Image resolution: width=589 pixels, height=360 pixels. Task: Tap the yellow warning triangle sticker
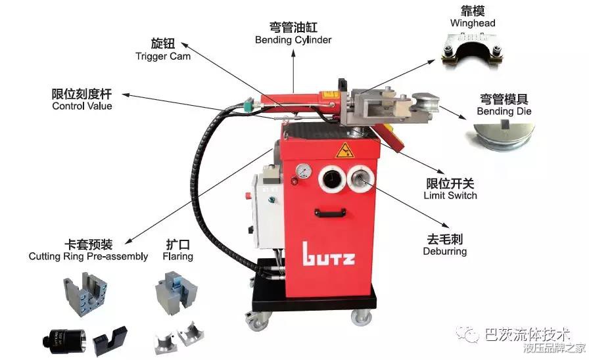(344, 150)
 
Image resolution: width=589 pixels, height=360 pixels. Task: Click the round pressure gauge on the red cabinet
(303, 171)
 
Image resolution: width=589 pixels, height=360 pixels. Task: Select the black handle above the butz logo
(330, 213)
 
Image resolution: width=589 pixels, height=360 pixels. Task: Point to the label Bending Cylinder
(293, 40)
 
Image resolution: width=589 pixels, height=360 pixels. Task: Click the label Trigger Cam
(163, 56)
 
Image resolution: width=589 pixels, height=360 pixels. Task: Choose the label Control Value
(82, 106)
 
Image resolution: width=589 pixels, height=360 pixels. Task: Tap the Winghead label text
(473, 23)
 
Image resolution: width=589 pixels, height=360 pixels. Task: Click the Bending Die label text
(504, 111)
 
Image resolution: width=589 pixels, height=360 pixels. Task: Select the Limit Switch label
(450, 195)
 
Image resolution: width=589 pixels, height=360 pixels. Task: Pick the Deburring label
(445, 251)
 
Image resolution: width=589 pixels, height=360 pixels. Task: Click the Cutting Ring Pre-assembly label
(88, 256)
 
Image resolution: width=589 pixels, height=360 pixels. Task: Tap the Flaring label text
(177, 256)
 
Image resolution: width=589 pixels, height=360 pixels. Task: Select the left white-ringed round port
(332, 178)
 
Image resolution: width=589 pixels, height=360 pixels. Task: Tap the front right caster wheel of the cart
(361, 317)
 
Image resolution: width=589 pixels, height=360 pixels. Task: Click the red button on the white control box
(248, 196)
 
